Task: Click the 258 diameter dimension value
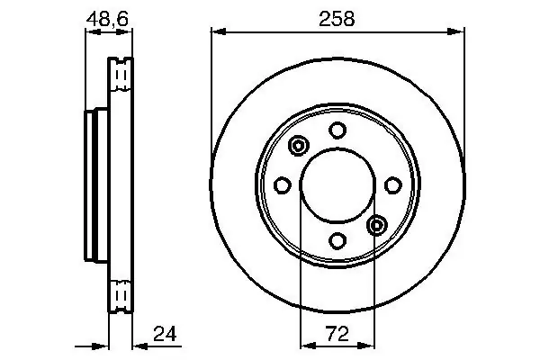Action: tap(337, 19)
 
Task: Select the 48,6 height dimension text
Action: tap(107, 19)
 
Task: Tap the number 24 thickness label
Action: tap(165, 334)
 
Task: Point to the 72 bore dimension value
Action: tap(337, 334)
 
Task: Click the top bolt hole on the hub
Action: tap(337, 130)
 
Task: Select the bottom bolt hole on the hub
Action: tap(337, 240)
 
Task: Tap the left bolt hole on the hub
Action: tap(283, 185)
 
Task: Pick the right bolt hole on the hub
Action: tap(393, 185)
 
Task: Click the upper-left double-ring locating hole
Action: tap(298, 146)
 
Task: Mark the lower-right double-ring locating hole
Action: tap(377, 225)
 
